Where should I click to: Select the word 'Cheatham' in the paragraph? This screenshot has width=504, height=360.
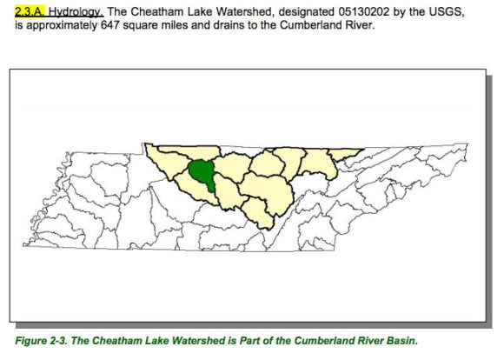click(x=162, y=12)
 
